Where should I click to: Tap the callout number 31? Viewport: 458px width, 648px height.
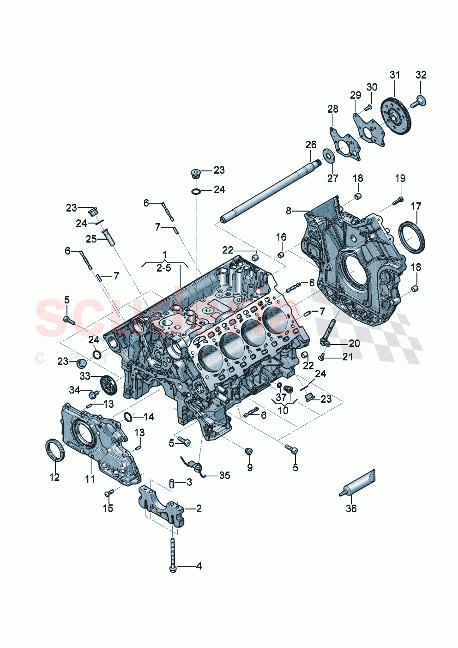(395, 75)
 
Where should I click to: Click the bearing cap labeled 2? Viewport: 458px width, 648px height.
(162, 508)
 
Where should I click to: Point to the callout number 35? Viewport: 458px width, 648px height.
(224, 475)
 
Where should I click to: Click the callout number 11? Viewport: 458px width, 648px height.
(90, 479)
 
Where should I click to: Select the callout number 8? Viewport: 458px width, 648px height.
(289, 211)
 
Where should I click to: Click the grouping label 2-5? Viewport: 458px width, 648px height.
(163, 268)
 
